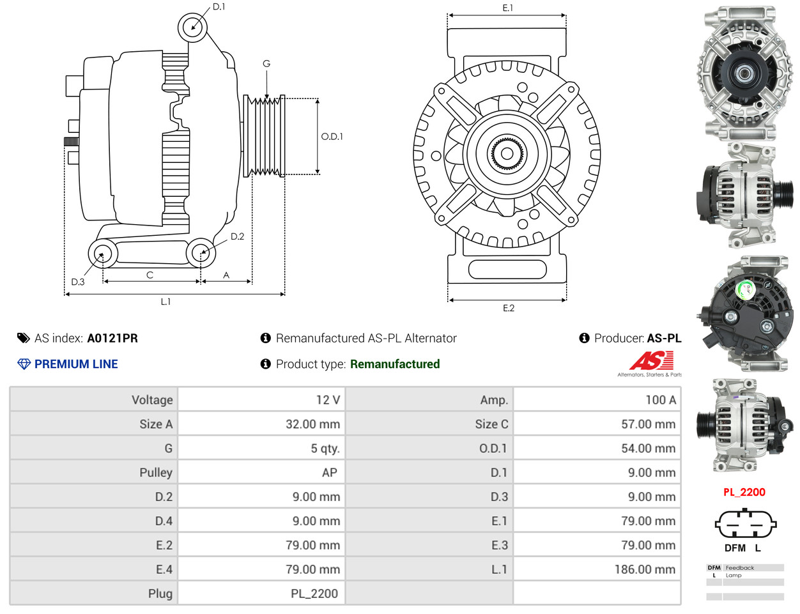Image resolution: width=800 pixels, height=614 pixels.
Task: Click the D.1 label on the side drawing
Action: click(x=219, y=7)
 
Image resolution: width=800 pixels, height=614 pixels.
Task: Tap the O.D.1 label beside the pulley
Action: click(x=332, y=137)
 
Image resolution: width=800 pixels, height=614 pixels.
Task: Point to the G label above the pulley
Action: click(x=266, y=64)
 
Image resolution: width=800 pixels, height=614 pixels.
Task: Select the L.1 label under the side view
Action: click(x=165, y=302)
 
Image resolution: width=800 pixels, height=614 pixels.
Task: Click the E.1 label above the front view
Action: click(x=507, y=8)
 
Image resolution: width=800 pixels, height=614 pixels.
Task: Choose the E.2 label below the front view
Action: click(x=508, y=308)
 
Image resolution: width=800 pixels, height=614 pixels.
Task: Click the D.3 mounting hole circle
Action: click(x=102, y=254)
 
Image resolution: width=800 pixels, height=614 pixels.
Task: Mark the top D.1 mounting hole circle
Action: click(x=192, y=27)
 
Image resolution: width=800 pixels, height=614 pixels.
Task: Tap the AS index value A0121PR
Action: click(x=112, y=339)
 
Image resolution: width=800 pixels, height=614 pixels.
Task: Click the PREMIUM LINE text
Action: click(x=76, y=364)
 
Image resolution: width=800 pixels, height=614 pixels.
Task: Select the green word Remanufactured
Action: click(x=395, y=364)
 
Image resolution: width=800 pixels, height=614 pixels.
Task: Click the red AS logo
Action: click(x=651, y=361)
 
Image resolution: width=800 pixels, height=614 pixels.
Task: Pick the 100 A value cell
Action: click(x=660, y=400)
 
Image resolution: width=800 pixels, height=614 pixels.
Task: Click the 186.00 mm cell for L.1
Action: click(x=644, y=569)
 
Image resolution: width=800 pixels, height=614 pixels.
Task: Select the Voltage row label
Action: click(x=152, y=400)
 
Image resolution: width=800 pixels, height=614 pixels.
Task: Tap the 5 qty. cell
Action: click(x=325, y=449)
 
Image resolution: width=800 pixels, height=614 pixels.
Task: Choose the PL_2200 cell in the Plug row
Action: click(x=314, y=594)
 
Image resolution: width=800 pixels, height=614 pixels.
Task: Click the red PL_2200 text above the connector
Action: click(x=744, y=492)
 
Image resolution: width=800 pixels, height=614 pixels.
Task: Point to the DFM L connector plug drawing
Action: click(x=745, y=524)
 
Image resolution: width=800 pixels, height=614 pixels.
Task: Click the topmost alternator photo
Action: click(x=744, y=73)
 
